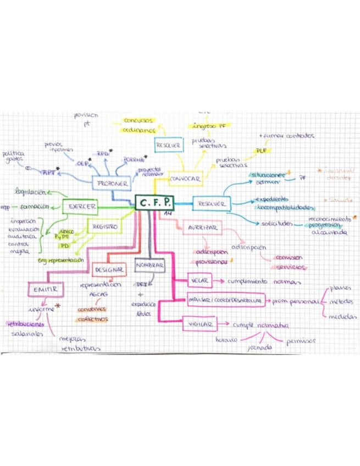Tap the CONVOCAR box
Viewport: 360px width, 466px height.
coord(185,179)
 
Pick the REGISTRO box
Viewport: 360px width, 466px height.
coord(104,226)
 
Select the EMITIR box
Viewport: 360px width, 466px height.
coord(46,289)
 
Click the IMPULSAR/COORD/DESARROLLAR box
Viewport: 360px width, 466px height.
coord(225,301)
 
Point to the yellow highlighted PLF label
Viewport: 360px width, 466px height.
coord(261,150)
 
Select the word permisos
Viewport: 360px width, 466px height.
coord(301,341)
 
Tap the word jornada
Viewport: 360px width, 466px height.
coord(260,348)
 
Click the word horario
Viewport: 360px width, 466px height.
coord(226,340)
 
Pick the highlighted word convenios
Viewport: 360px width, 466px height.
coord(92,309)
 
